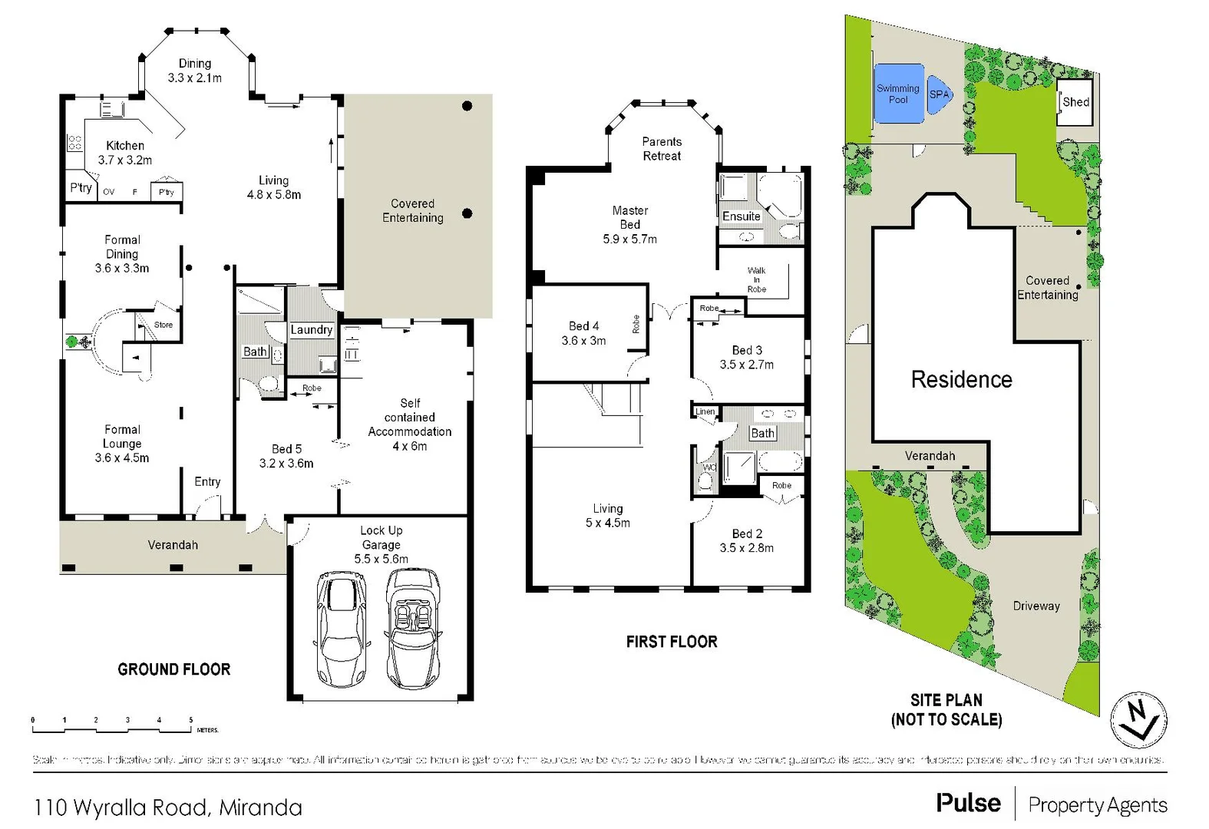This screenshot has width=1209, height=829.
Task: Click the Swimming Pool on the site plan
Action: [898, 94]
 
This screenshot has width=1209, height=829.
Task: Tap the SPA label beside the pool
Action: [939, 94]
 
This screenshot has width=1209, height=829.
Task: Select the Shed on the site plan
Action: [1075, 102]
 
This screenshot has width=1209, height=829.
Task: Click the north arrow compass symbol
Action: [1139, 720]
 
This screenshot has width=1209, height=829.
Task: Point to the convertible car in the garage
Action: [414, 628]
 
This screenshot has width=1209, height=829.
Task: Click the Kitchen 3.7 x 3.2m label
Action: [125, 153]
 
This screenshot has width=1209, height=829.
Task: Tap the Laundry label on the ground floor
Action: [311, 330]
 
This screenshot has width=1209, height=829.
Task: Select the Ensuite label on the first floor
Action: [741, 216]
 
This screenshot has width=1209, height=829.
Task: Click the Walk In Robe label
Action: [757, 280]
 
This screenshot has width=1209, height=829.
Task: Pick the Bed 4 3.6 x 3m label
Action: [583, 333]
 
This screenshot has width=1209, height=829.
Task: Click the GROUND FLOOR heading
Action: [174, 669]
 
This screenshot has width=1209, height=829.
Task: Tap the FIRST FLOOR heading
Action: [672, 642]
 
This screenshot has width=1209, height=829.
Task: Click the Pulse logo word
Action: [968, 803]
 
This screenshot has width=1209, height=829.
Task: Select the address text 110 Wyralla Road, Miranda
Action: [168, 808]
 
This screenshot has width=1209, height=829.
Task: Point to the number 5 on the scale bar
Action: [191, 720]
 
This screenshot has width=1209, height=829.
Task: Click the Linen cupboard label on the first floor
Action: [705, 411]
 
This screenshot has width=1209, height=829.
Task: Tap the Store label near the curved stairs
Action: [164, 325]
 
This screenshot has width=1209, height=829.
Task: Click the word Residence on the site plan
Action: [961, 379]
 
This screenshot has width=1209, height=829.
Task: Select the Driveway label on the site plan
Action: [1036, 606]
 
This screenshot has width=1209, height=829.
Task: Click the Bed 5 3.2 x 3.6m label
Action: [286, 456]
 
